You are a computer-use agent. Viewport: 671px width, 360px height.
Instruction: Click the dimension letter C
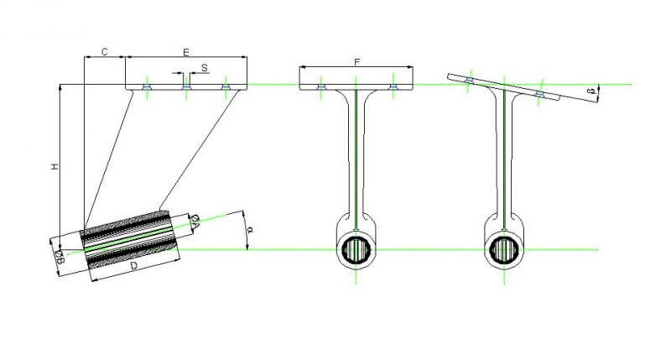pyautogui.click(x=104, y=52)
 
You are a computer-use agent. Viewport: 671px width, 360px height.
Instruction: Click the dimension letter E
pyautogui.click(x=186, y=53)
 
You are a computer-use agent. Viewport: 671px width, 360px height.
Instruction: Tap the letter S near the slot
pyautogui.click(x=204, y=68)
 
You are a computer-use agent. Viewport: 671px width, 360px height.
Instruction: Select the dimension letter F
pyautogui.click(x=357, y=62)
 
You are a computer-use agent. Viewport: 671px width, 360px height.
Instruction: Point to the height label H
pyautogui.click(x=55, y=166)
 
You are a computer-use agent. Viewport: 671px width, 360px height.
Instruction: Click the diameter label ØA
pyautogui.click(x=195, y=223)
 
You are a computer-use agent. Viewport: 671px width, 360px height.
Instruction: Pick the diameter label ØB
pyautogui.click(x=60, y=258)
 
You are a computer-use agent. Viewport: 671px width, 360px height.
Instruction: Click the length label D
pyautogui.click(x=134, y=266)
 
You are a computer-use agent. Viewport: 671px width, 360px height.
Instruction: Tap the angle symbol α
pyautogui.click(x=251, y=229)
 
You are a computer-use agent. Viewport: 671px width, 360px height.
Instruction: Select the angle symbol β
pyautogui.click(x=592, y=91)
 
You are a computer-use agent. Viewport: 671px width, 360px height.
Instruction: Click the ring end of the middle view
pyautogui.click(x=356, y=248)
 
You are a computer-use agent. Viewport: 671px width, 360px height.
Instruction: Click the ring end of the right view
pyautogui.click(x=505, y=248)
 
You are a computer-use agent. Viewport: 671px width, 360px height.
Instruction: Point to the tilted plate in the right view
pyautogui.click(x=504, y=87)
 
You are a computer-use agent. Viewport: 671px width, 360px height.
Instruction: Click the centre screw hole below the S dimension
pyautogui.click(x=185, y=87)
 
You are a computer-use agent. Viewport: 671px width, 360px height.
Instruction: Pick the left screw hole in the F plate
pyautogui.click(x=321, y=87)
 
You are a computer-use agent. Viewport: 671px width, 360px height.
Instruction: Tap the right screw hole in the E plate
pyautogui.click(x=226, y=87)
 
